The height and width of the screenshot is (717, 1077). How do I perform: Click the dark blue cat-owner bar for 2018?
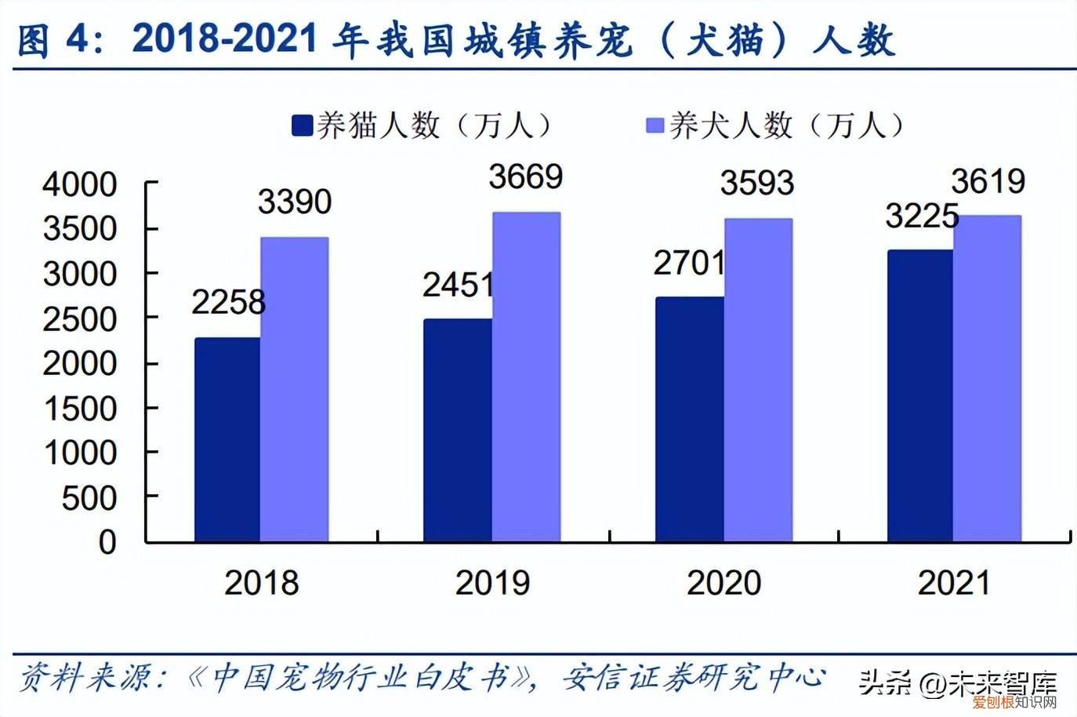pyautogui.click(x=227, y=439)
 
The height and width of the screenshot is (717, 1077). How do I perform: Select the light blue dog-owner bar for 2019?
pyautogui.click(x=526, y=377)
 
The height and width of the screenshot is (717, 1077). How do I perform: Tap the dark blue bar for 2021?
pyautogui.click(x=920, y=396)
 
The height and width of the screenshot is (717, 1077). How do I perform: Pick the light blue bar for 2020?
pyautogui.click(x=758, y=380)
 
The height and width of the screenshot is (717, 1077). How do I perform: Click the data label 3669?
pyautogui.click(x=526, y=177)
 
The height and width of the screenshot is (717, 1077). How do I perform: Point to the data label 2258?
pyautogui.click(x=228, y=302)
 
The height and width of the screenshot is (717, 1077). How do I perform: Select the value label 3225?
pyautogui.click(x=922, y=216)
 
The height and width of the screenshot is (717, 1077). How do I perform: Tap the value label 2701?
pyautogui.click(x=689, y=264)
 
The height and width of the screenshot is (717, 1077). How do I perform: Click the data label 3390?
pyautogui.click(x=295, y=202)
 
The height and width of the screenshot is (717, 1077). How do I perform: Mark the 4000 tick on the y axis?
pyautogui.click(x=79, y=185)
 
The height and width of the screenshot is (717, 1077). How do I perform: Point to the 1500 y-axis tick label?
pyautogui.click(x=79, y=409)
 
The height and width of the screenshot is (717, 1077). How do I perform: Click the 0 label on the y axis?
pyautogui.click(x=107, y=542)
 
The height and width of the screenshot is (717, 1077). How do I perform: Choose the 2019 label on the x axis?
pyautogui.click(x=492, y=583)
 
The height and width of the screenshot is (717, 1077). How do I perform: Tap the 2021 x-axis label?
pyautogui.click(x=954, y=583)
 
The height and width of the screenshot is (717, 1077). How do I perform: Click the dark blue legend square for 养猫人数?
pyautogui.click(x=302, y=126)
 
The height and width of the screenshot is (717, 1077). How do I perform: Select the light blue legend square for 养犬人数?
pyautogui.click(x=655, y=126)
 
